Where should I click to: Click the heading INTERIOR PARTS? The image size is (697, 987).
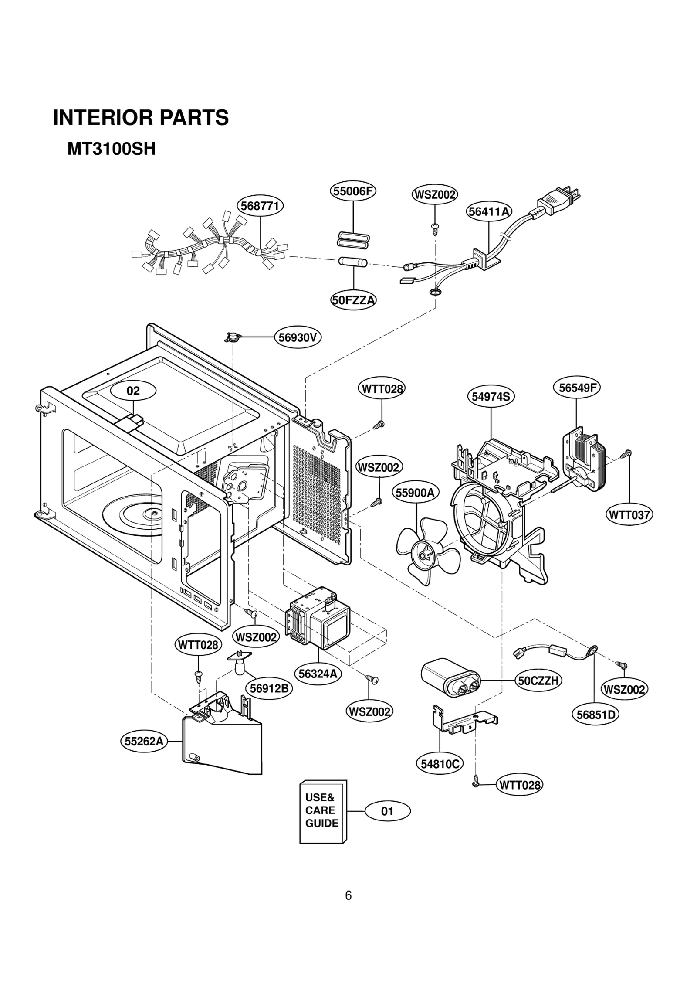point(141,118)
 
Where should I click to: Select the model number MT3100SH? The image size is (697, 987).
point(111,150)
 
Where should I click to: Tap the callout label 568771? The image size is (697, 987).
point(260,206)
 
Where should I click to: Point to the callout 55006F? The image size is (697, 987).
point(353,191)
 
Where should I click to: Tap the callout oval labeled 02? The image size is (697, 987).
point(133,391)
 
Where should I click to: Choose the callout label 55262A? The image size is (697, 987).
point(144,741)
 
